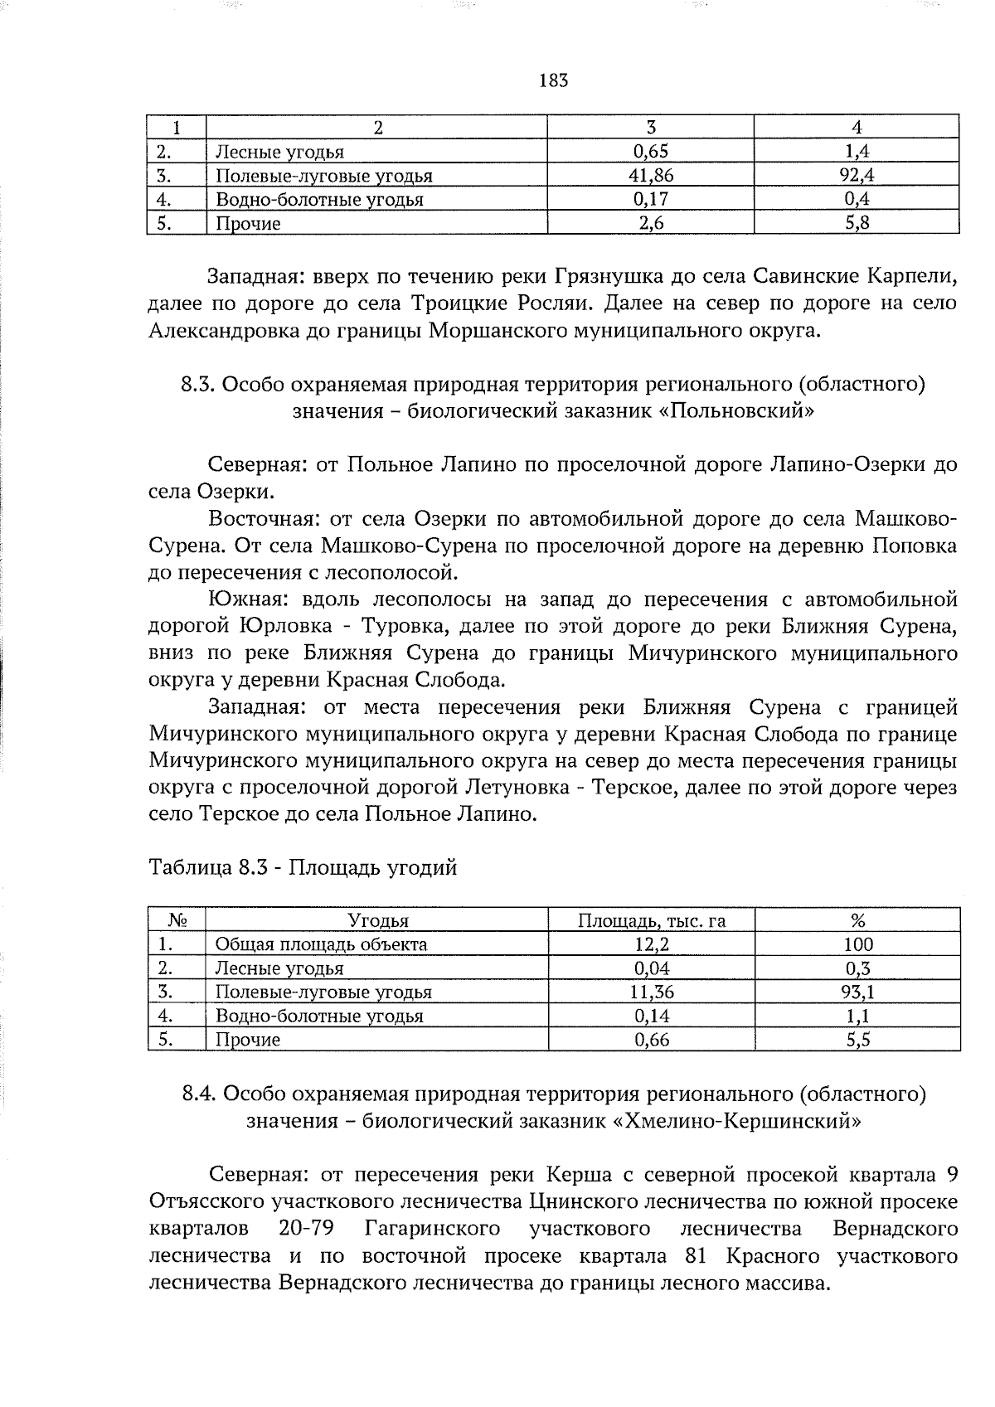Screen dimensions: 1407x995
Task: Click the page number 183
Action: tap(553, 80)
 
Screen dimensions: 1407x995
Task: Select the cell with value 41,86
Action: tap(651, 175)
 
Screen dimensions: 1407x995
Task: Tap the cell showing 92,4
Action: tap(857, 175)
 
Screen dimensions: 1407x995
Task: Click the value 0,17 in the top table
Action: tap(651, 199)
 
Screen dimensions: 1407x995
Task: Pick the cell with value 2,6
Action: tap(651, 223)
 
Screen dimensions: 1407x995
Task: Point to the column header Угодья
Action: tap(378, 920)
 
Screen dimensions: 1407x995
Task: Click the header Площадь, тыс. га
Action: tap(652, 920)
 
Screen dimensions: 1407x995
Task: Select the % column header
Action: tap(858, 920)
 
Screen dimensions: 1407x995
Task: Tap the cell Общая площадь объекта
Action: tap(322, 944)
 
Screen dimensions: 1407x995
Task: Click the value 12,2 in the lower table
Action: tap(652, 944)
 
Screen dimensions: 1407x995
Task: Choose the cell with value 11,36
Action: tap(652, 992)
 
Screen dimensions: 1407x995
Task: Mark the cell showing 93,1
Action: tap(858, 992)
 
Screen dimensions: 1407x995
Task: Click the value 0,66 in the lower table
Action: tap(652, 1040)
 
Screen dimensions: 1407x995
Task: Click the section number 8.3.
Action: tap(197, 385)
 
